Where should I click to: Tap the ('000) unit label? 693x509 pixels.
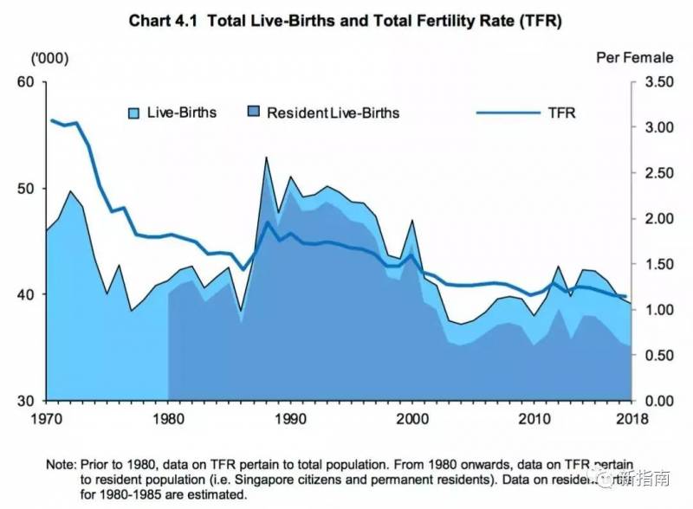(x=49, y=58)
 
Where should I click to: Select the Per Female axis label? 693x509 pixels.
(x=634, y=58)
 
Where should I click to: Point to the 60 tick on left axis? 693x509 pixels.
(x=25, y=82)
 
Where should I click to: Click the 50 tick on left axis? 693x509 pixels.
(x=25, y=189)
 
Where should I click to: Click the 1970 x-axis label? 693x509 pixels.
(x=47, y=419)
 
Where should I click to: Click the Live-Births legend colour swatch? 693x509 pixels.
(x=134, y=113)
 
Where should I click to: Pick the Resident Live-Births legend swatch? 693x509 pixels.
(x=254, y=113)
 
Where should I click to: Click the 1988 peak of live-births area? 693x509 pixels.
(x=266, y=158)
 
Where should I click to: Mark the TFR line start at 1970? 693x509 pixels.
(x=52, y=120)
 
